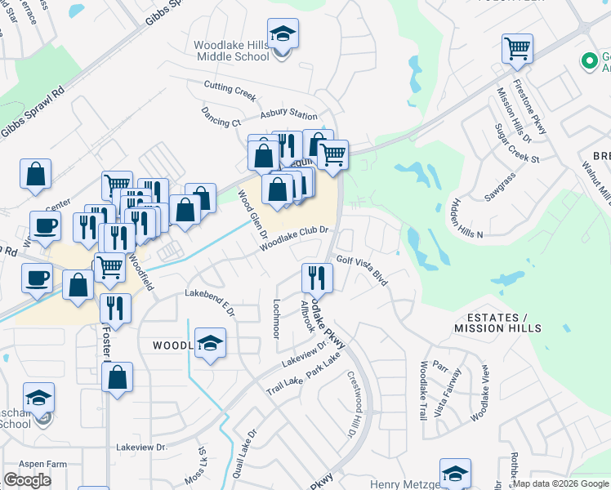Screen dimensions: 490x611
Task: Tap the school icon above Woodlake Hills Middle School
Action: tap(283, 35)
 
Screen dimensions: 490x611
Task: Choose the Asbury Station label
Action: tap(288, 115)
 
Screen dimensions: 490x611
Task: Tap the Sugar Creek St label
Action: tap(518, 144)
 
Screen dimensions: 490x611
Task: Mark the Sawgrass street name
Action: tap(501, 193)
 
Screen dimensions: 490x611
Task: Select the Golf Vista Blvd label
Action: tap(362, 269)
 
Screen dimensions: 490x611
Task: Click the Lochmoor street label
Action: tap(276, 318)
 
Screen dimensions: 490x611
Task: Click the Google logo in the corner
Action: tap(27, 480)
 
